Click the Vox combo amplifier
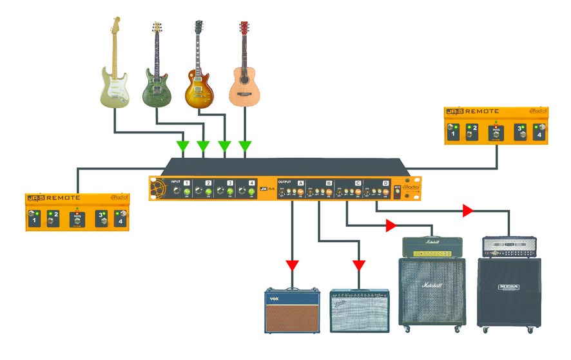point(293,310)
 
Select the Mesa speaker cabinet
point(508,293)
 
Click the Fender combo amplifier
point(359,311)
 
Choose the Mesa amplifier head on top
point(509,246)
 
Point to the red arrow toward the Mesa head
point(467,211)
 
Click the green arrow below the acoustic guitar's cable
point(245,146)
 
